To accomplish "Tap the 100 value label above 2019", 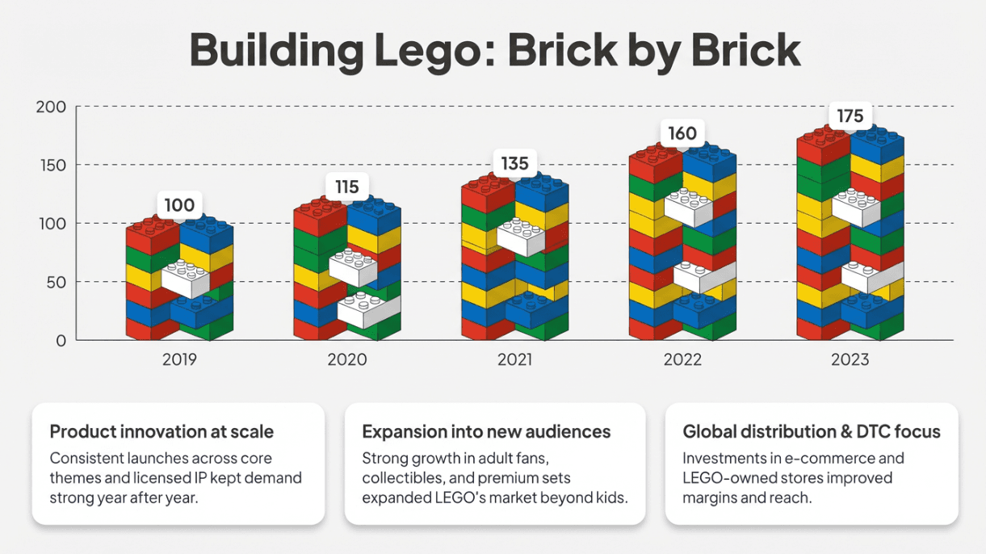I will coord(179,205).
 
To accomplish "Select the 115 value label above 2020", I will coord(346,187).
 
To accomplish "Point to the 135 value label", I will coord(514,164).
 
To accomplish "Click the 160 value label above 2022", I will coord(682,133).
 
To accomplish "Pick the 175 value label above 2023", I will coord(850,117).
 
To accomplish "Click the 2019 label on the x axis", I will coord(179,359).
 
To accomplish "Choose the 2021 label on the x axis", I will coord(514,359).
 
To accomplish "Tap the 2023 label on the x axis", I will coord(850,359).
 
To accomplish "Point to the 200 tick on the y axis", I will coord(52,107).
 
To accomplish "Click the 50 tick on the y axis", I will coord(56,283).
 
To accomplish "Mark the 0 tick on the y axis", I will coord(61,341).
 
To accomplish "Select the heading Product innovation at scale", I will coord(162,431).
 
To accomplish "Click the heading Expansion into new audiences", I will coord(486,431).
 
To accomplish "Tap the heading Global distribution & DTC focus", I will coord(812,431).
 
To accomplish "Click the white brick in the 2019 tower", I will coord(187,279).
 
